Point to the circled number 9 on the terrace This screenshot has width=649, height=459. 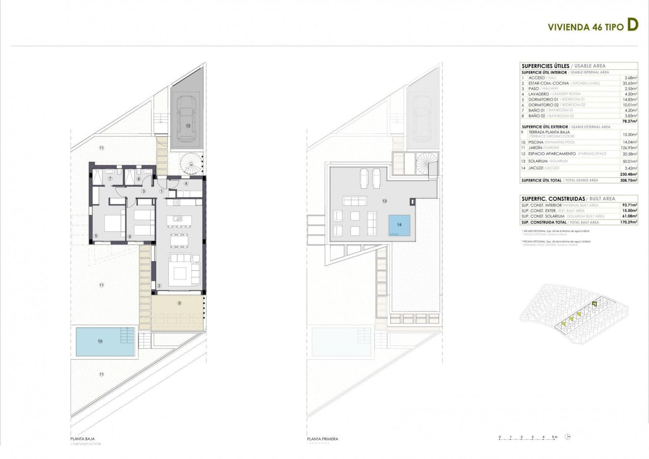click(179, 303)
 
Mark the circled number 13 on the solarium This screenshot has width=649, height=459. click(385, 201)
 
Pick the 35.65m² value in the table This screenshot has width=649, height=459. click(629, 83)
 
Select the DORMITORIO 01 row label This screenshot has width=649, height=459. click(543, 99)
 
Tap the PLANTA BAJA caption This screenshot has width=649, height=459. click(83, 439)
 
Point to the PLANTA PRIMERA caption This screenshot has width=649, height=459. click(322, 439)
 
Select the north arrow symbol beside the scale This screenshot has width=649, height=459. click(568, 437)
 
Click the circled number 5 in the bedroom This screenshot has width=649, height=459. click(96, 235)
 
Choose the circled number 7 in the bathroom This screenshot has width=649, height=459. click(109, 179)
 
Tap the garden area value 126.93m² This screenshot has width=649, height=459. click(628, 148)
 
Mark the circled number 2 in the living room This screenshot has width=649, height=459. click(159, 286)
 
